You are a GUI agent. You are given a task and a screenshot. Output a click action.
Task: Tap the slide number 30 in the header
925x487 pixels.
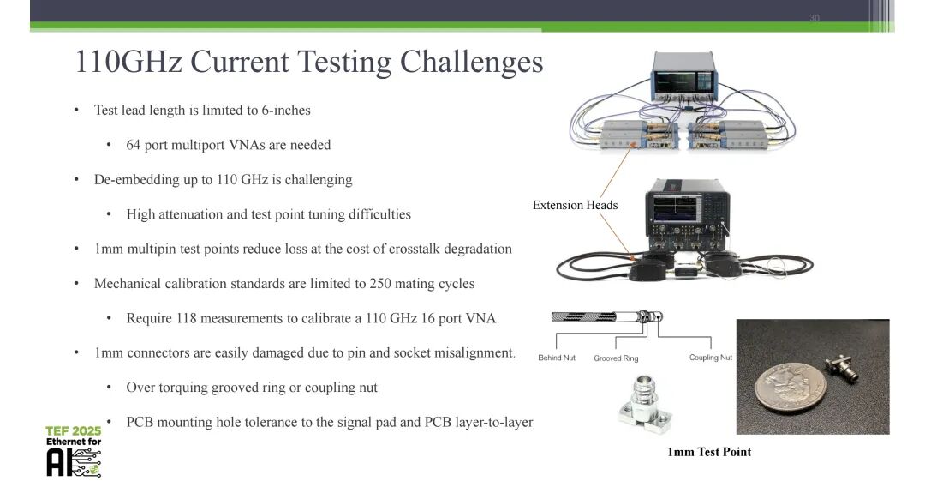pyautogui.click(x=814, y=18)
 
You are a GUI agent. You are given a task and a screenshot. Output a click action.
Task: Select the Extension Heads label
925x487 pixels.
pyautogui.click(x=575, y=205)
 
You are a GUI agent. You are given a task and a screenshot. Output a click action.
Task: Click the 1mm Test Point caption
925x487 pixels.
pyautogui.click(x=709, y=452)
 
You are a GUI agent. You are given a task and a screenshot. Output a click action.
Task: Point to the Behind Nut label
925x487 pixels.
pyautogui.click(x=556, y=358)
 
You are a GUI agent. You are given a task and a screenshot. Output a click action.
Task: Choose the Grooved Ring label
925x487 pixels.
pyautogui.click(x=616, y=358)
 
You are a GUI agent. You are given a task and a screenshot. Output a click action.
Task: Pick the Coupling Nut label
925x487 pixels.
pyautogui.click(x=710, y=358)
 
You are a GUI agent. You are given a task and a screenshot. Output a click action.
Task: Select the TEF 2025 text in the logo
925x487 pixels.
pyautogui.click(x=73, y=430)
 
